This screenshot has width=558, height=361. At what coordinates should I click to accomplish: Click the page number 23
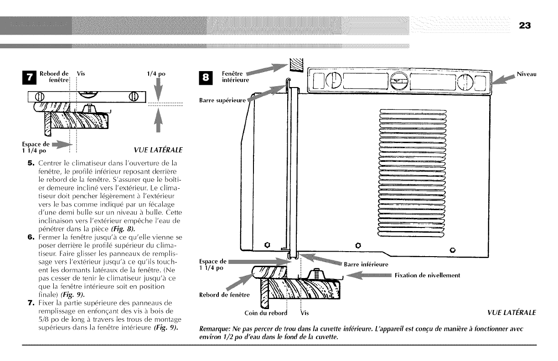pyautogui.click(x=524, y=26)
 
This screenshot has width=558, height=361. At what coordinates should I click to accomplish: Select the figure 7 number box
pyautogui.click(x=30, y=78)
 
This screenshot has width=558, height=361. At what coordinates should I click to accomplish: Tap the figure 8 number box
pyautogui.click(x=206, y=78)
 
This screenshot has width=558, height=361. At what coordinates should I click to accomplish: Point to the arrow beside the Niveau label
pyautogui.click(x=505, y=80)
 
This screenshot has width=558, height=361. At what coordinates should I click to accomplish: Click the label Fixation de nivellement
pyautogui.click(x=428, y=275)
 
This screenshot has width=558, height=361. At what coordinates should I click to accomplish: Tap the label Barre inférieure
pyautogui.click(x=366, y=264)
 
